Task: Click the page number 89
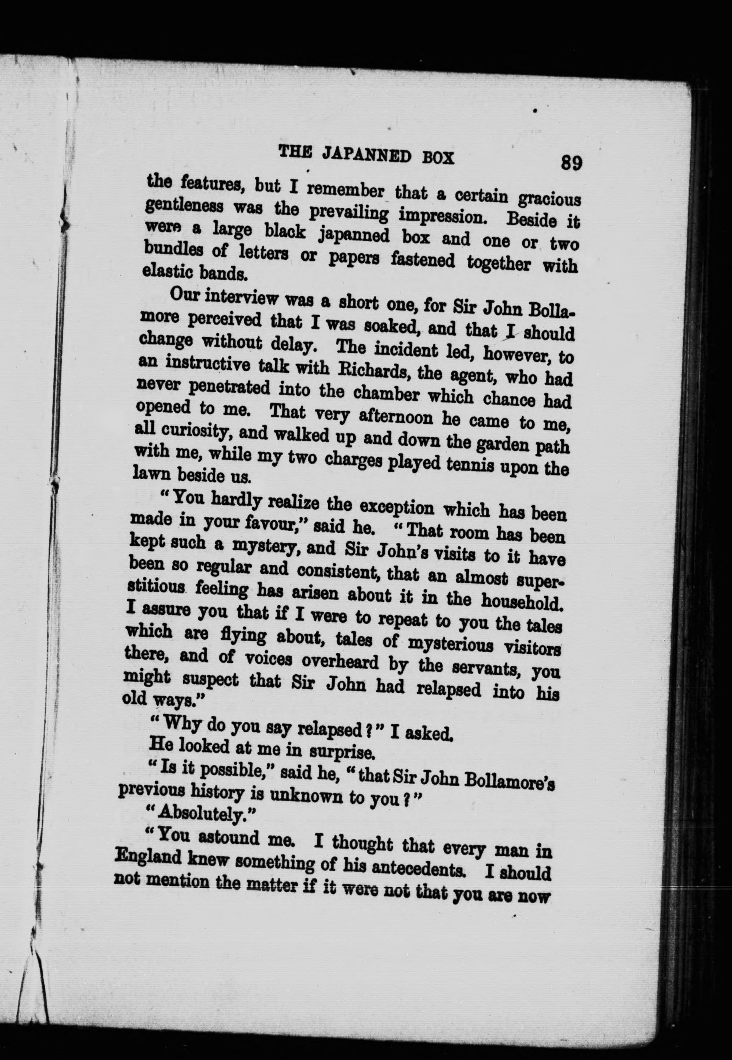tap(571, 163)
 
